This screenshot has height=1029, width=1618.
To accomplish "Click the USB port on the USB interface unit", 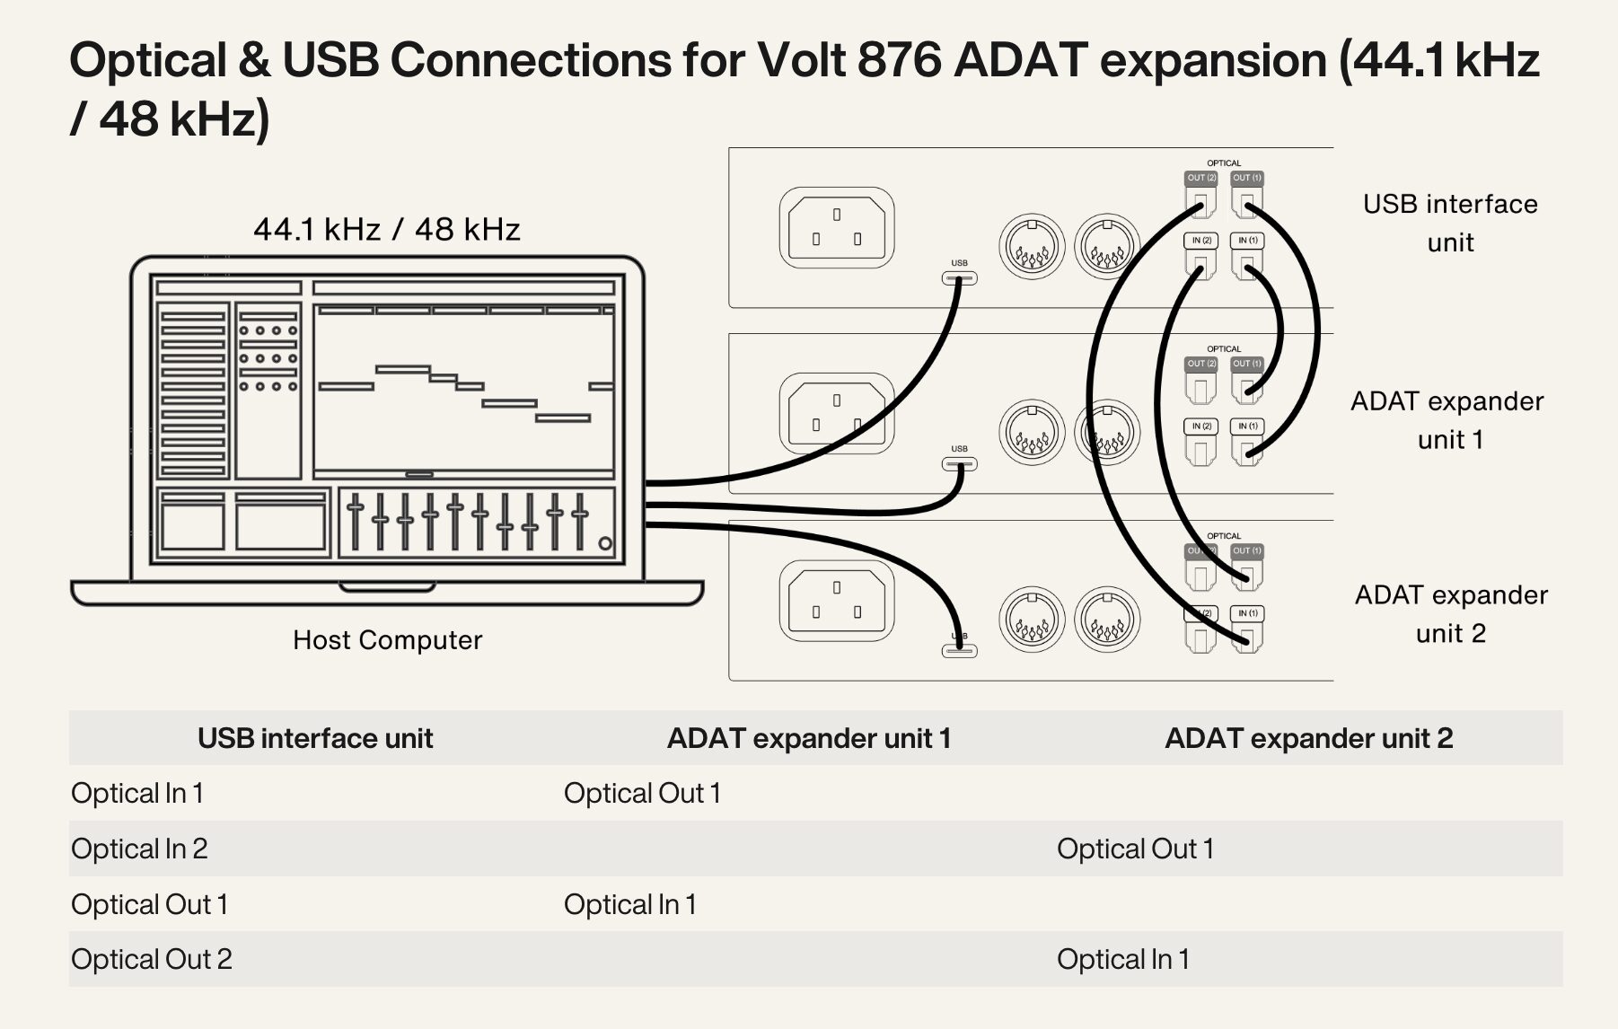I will point(959,278).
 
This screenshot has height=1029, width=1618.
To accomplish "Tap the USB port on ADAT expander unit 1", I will point(959,464).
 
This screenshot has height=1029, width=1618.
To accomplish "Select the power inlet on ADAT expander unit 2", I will point(836,601).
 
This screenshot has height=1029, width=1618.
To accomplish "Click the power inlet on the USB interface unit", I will point(836,227).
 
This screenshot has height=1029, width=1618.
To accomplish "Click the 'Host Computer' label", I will point(387,640).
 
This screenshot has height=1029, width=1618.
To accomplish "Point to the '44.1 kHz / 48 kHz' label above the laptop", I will point(387,230).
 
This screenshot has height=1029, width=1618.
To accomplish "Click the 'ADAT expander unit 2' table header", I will point(1308,738).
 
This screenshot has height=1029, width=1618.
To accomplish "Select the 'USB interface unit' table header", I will point(315,738).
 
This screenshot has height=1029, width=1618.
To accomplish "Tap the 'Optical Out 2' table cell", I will point(152,959).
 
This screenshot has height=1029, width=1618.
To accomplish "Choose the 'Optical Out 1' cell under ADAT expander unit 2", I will point(1135,849).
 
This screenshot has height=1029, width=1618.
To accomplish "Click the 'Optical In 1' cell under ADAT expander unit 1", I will point(630,904).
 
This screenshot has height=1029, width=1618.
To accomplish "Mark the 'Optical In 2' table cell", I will point(139,849).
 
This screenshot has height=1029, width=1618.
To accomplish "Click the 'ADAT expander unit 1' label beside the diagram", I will point(1448,419).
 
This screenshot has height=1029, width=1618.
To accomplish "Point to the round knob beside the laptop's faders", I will point(605,543).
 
